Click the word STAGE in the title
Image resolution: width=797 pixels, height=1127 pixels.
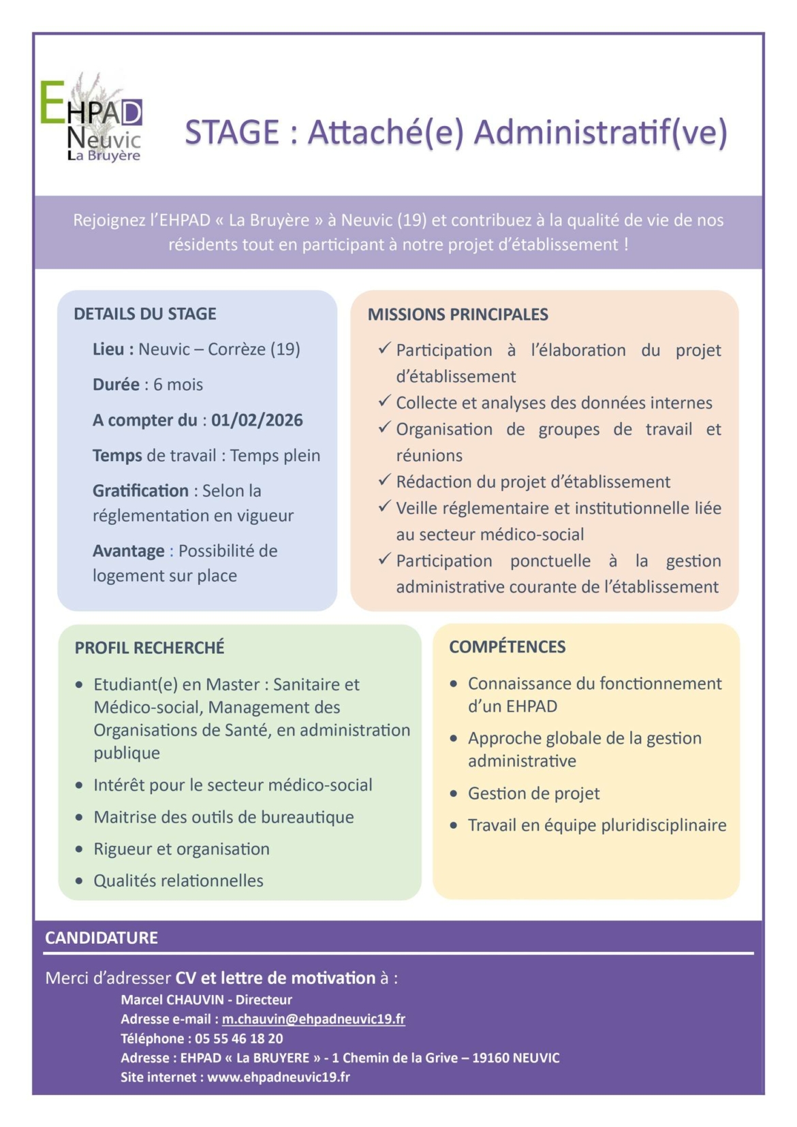(x=232, y=132)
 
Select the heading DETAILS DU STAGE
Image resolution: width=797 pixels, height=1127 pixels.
(x=144, y=314)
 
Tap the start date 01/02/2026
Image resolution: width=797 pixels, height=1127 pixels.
(x=257, y=420)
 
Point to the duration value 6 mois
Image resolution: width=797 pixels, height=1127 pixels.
(x=178, y=385)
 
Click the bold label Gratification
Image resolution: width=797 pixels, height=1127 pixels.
(x=140, y=491)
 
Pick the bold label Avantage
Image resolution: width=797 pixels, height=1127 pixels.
(x=129, y=551)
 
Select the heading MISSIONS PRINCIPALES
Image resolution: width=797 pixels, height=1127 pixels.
(x=458, y=315)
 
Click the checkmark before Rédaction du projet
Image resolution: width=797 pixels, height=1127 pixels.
(x=384, y=481)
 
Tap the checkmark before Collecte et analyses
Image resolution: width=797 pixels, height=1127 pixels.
(x=384, y=402)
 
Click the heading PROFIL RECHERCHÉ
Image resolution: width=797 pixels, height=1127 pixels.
(x=149, y=648)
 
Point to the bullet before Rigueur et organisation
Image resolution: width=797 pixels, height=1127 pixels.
(x=80, y=849)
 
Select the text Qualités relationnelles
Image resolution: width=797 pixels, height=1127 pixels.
(x=178, y=880)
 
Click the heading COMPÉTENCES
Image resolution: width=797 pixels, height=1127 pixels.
(x=507, y=647)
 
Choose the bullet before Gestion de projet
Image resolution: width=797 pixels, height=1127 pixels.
(x=454, y=794)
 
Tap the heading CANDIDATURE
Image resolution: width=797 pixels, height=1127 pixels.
(x=101, y=938)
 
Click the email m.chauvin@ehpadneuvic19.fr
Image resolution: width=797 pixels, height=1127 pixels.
(x=313, y=1019)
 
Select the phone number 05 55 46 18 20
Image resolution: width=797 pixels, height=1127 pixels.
(x=238, y=1038)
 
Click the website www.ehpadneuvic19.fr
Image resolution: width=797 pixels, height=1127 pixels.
(x=279, y=1077)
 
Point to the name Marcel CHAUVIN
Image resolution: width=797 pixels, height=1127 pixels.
(x=172, y=1000)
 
